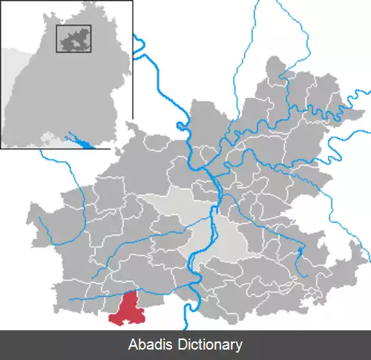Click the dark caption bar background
tap(312, 345)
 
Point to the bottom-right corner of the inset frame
tap(132, 148)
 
